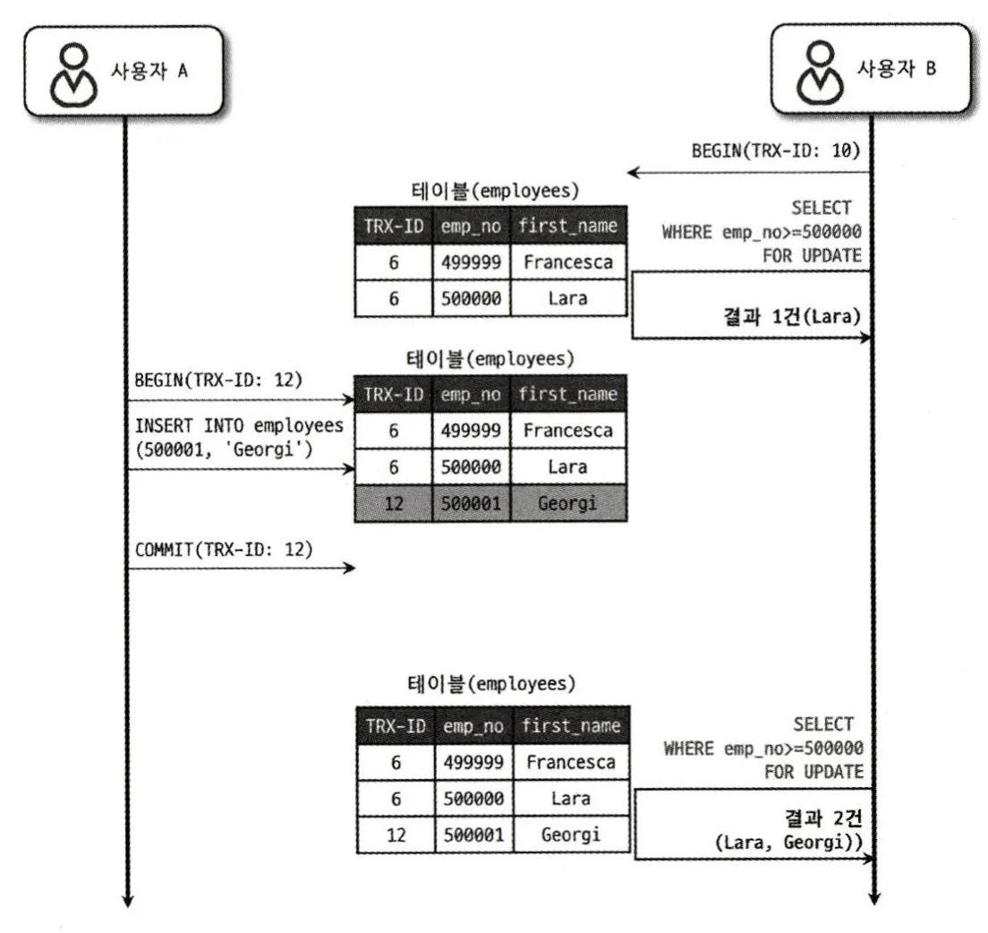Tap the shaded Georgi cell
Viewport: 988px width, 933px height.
[x=568, y=503]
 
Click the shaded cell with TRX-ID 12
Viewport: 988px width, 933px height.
[x=394, y=503]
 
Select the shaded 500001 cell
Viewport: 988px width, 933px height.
[x=473, y=503]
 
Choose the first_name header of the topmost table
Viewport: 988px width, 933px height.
[x=568, y=226]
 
